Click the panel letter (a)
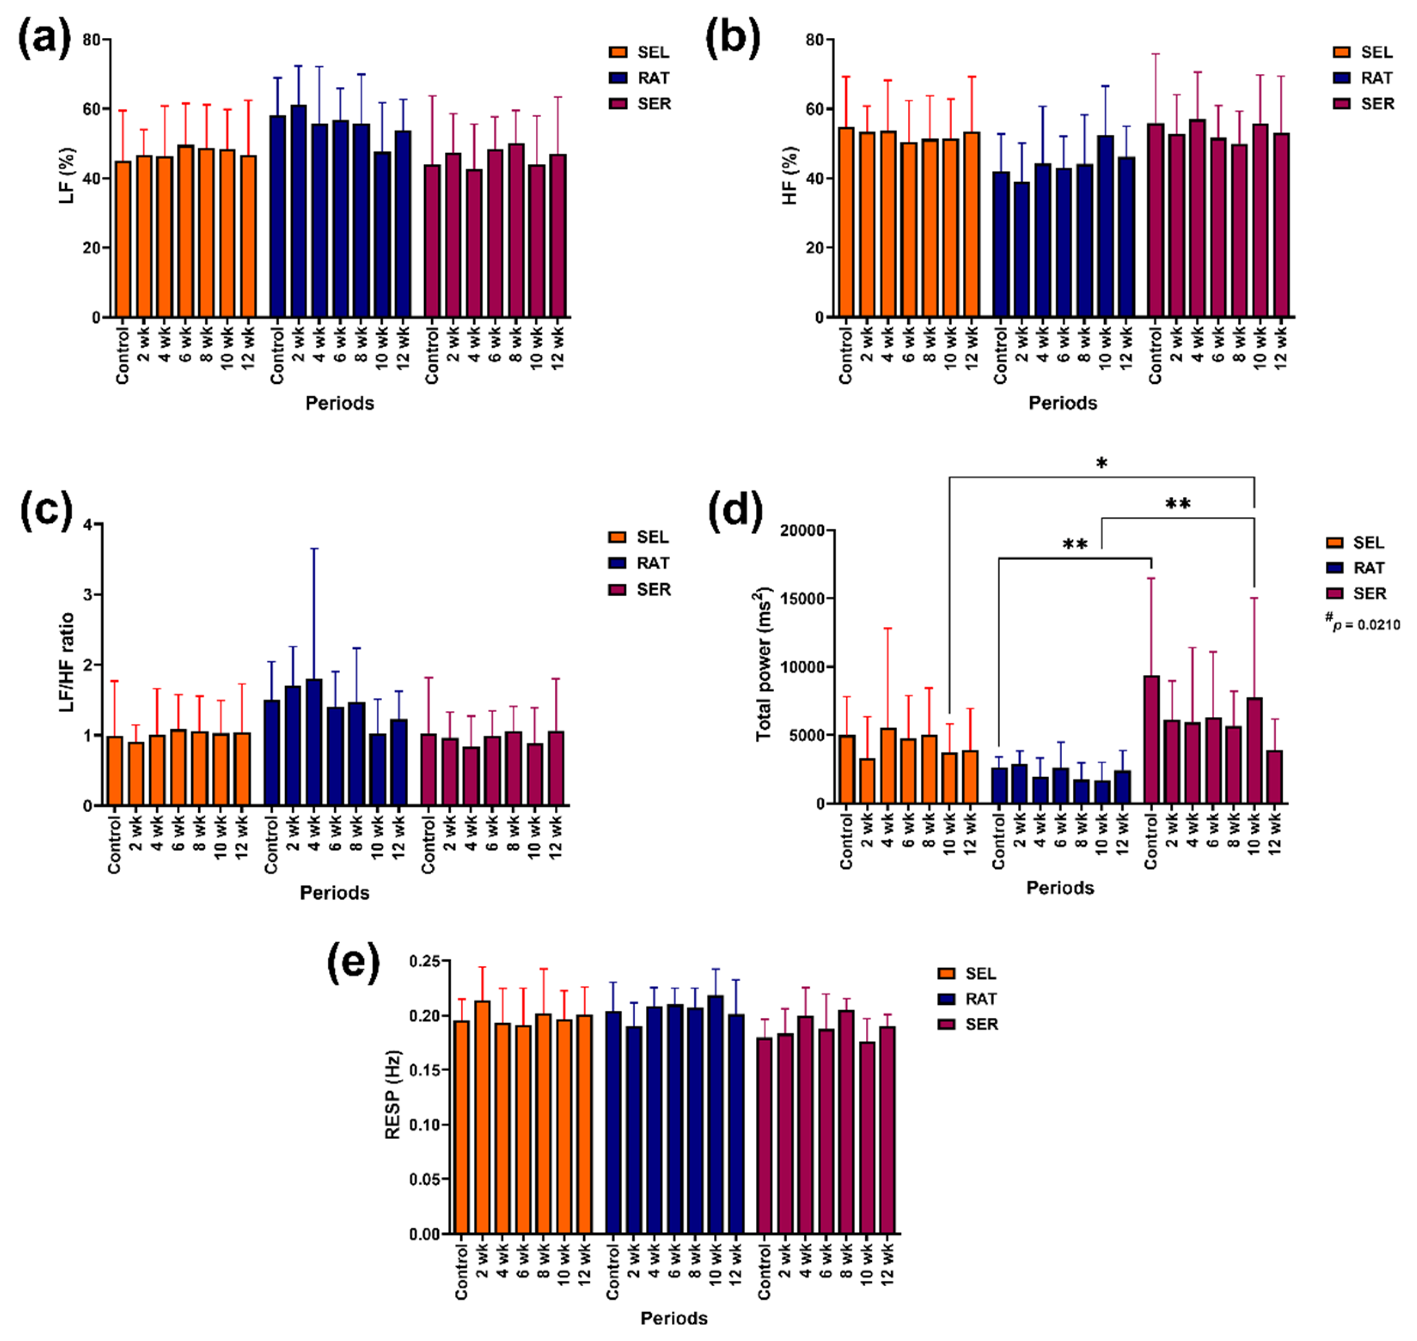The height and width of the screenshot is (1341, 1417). point(44,39)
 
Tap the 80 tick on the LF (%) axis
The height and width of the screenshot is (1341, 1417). point(91,40)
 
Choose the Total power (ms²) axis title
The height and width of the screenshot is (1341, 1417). point(764,665)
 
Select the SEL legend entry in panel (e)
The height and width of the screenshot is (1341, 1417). point(967,973)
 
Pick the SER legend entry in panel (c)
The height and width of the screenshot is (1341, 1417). point(639,590)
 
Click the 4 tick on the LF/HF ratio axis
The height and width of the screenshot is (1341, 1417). point(88,525)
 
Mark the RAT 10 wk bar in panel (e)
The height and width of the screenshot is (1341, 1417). point(715,1115)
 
